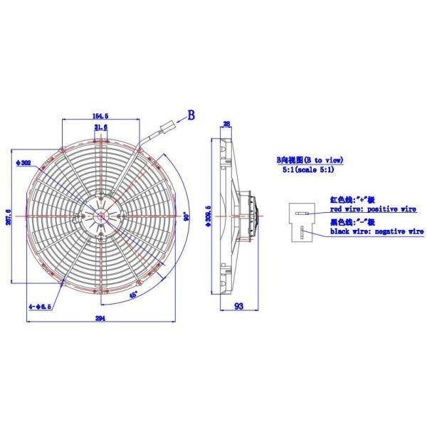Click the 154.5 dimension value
pos(100,115)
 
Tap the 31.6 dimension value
pos(100,127)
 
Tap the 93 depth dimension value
pos(239,307)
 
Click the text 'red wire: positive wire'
pos(372,211)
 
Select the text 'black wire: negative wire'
pos(376,231)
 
